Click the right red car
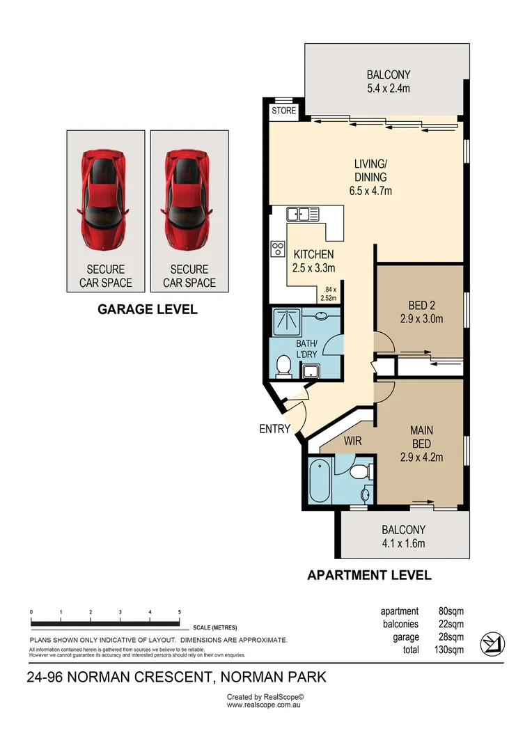click(189, 201)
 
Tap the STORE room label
click(283, 111)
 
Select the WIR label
click(352, 441)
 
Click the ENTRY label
click(274, 429)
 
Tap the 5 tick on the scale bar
click(180, 612)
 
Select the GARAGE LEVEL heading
click(147, 309)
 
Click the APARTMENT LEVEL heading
click(370, 575)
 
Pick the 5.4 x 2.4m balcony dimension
click(389, 88)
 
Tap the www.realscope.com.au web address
click(263, 705)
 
